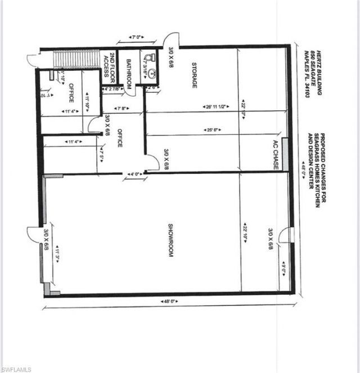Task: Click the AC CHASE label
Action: click(276, 151)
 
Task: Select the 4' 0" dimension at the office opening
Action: click(135, 174)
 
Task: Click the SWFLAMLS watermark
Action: click(16, 368)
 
